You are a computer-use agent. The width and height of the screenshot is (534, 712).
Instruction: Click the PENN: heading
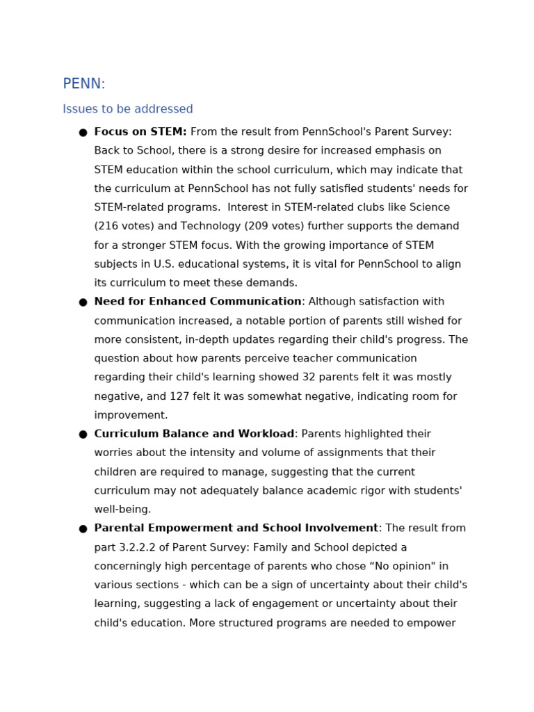coord(83,84)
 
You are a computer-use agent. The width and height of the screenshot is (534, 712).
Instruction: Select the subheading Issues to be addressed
coord(128,110)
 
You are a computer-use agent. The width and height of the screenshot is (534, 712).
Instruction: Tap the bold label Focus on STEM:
coord(140,132)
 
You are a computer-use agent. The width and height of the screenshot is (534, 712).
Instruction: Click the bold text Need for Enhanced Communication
coord(197,302)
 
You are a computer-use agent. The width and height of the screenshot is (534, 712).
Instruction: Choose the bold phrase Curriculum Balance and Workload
coord(194,434)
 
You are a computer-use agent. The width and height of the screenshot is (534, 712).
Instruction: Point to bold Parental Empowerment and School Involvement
coord(236,528)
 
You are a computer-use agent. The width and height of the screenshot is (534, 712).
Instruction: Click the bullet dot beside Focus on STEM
coord(83,133)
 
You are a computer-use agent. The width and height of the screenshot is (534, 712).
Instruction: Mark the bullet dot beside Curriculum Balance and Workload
coord(83,435)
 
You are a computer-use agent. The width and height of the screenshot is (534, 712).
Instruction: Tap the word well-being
coord(122,510)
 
